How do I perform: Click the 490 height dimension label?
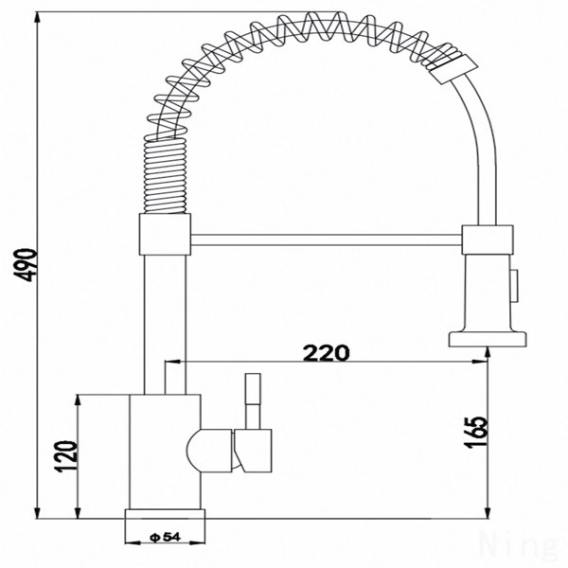[26, 265]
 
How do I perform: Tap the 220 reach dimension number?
[327, 353]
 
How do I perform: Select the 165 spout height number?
[475, 433]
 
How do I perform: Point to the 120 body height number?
[66, 456]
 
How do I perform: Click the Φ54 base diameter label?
[165, 537]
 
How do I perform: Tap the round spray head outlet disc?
[488, 340]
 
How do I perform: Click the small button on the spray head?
[515, 285]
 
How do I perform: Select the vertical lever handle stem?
[253, 401]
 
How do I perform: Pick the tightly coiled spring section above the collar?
[165, 175]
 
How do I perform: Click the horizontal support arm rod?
[326, 240]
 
